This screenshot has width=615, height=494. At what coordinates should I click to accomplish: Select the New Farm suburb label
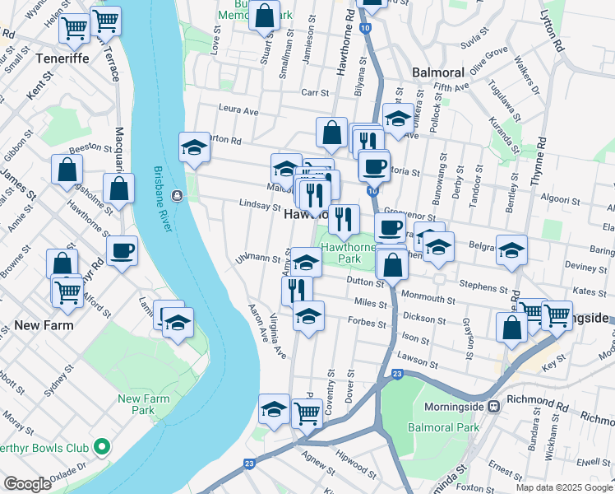coord(43,325)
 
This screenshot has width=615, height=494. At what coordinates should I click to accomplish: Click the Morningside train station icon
coord(494,406)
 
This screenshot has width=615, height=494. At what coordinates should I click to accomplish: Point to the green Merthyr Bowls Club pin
coord(101,448)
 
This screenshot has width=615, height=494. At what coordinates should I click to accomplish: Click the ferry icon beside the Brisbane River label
coord(178,195)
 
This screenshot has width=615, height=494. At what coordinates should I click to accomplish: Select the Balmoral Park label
coord(445,427)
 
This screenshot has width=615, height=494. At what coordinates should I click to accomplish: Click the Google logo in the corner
coord(27,484)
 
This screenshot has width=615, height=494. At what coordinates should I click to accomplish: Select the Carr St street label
coord(314,93)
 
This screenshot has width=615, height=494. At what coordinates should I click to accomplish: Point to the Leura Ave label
coord(238,110)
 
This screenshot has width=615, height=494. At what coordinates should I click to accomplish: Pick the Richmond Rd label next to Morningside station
coord(543,407)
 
